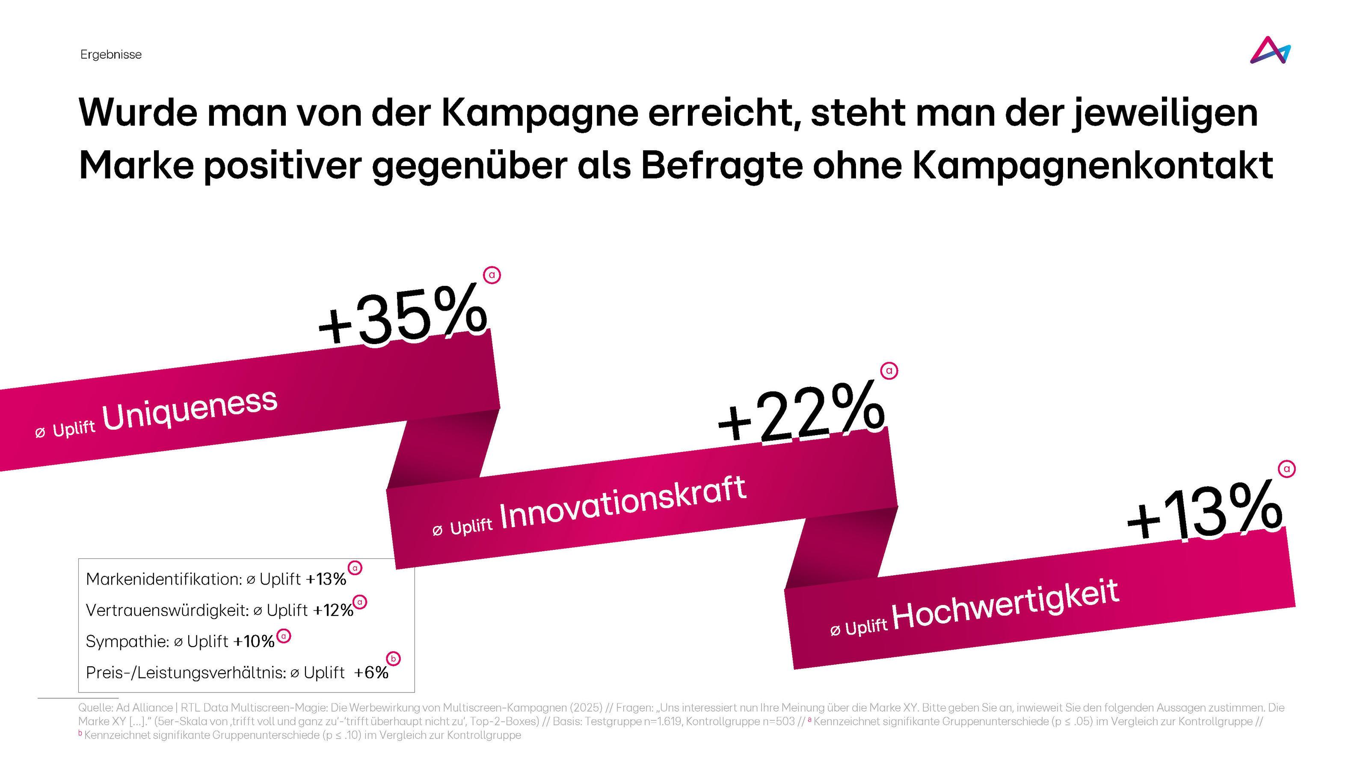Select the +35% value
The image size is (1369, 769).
tap(402, 317)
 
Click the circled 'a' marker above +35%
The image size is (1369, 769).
tap(492, 275)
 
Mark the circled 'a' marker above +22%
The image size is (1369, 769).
tap(889, 371)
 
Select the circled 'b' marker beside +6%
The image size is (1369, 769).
tap(393, 659)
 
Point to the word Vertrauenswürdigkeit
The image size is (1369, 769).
tap(167, 610)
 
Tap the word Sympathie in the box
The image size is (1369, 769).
tap(127, 641)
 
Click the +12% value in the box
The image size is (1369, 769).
tap(333, 610)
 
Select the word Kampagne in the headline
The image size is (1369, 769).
tap(539, 113)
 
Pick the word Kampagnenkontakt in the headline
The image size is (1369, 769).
tap(1093, 166)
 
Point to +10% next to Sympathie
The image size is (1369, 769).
tap(254, 641)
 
